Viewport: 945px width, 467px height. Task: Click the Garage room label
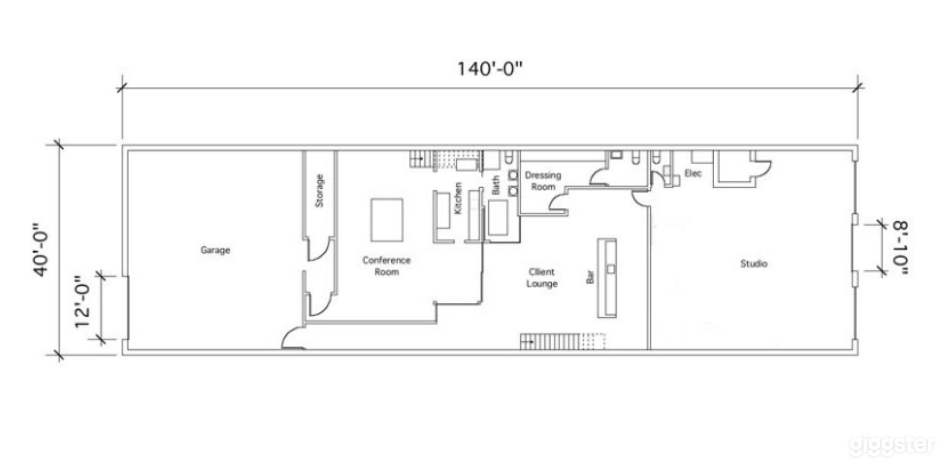215,250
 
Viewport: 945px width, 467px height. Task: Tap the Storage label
319,191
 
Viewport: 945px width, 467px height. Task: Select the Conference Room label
386,266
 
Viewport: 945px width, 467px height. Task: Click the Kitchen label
458,198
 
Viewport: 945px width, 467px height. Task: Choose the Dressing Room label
543,181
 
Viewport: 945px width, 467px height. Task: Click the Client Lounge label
542,278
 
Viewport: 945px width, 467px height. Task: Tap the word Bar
590,277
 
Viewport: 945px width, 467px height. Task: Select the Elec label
693,173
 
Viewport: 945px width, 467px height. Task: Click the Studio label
753,264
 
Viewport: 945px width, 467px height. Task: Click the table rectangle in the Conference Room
387,220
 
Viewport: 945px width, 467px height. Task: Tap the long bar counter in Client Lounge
607,290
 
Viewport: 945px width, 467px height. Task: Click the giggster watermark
892,445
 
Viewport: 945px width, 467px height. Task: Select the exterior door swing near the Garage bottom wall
292,339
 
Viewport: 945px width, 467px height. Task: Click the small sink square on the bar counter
611,269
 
